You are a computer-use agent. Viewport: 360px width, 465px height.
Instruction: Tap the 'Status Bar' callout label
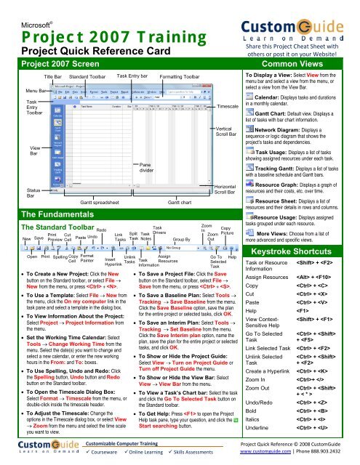tap(13, 192)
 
